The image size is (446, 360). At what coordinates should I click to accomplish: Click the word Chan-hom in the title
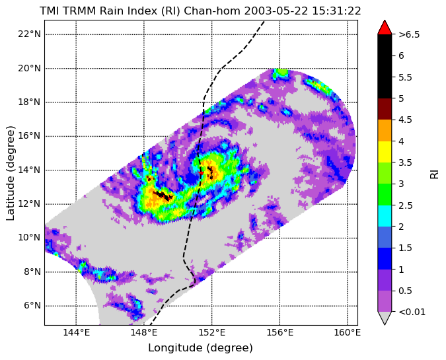[212, 11]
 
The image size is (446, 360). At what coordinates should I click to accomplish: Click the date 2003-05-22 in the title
[276, 11]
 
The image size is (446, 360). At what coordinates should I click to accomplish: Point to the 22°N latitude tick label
[29, 34]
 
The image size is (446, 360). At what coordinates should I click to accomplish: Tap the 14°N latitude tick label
[29, 170]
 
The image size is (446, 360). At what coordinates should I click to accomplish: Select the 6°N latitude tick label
[32, 306]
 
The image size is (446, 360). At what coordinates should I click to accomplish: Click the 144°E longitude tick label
[76, 332]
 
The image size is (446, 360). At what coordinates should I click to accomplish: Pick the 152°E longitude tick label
[212, 332]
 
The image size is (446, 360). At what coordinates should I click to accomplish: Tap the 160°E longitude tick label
[348, 332]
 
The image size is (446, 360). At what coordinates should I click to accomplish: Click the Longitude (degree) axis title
[200, 347]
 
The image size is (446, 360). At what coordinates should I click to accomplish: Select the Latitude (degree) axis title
[10, 173]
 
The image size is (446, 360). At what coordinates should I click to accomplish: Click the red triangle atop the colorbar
[385, 27]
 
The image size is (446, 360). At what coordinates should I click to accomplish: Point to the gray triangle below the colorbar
[385, 318]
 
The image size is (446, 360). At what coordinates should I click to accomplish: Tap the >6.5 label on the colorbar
[409, 34]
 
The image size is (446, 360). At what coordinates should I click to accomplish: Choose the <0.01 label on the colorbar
[412, 312]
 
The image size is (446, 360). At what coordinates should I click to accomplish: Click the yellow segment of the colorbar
[385, 152]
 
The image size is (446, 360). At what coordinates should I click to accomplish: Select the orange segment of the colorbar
[385, 131]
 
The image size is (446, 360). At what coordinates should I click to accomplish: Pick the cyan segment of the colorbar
[385, 216]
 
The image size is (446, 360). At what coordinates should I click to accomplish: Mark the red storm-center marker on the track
[201, 172]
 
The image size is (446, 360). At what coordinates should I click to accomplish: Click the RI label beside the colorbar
[434, 174]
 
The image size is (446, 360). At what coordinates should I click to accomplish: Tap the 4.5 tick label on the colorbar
[405, 120]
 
